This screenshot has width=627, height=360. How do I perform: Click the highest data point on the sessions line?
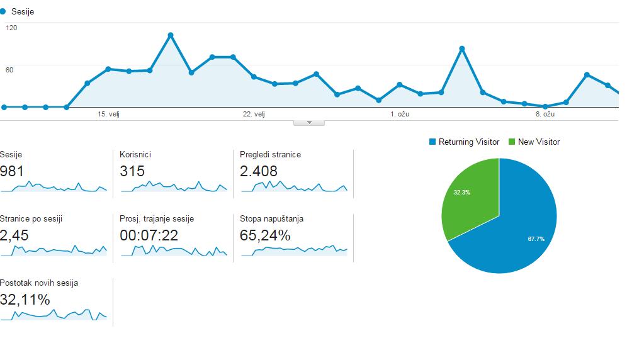click(x=171, y=35)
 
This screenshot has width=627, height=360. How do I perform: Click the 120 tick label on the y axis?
click(x=11, y=28)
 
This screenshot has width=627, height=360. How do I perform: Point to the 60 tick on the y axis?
click(x=9, y=70)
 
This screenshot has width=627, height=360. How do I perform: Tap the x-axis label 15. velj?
click(x=108, y=114)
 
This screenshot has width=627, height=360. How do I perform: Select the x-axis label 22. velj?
click(x=254, y=114)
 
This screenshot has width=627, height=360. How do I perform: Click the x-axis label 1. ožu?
click(x=400, y=114)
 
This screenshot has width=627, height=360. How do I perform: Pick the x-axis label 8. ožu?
click(x=545, y=114)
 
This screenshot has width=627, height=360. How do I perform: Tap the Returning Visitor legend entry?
click(x=464, y=142)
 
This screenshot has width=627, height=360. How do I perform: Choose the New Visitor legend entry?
click(x=534, y=142)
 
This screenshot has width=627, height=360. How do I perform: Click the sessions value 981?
click(x=12, y=171)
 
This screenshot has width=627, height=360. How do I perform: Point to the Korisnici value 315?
click(x=132, y=171)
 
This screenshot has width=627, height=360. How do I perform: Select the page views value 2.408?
click(x=258, y=171)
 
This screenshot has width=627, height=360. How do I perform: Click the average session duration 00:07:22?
click(x=149, y=235)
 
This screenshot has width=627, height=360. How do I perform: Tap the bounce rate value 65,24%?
click(x=265, y=235)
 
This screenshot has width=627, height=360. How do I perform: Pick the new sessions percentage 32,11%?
click(x=25, y=299)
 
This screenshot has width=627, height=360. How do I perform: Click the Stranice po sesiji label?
click(x=31, y=219)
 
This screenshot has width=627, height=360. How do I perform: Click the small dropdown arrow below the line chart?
click(x=309, y=123)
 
